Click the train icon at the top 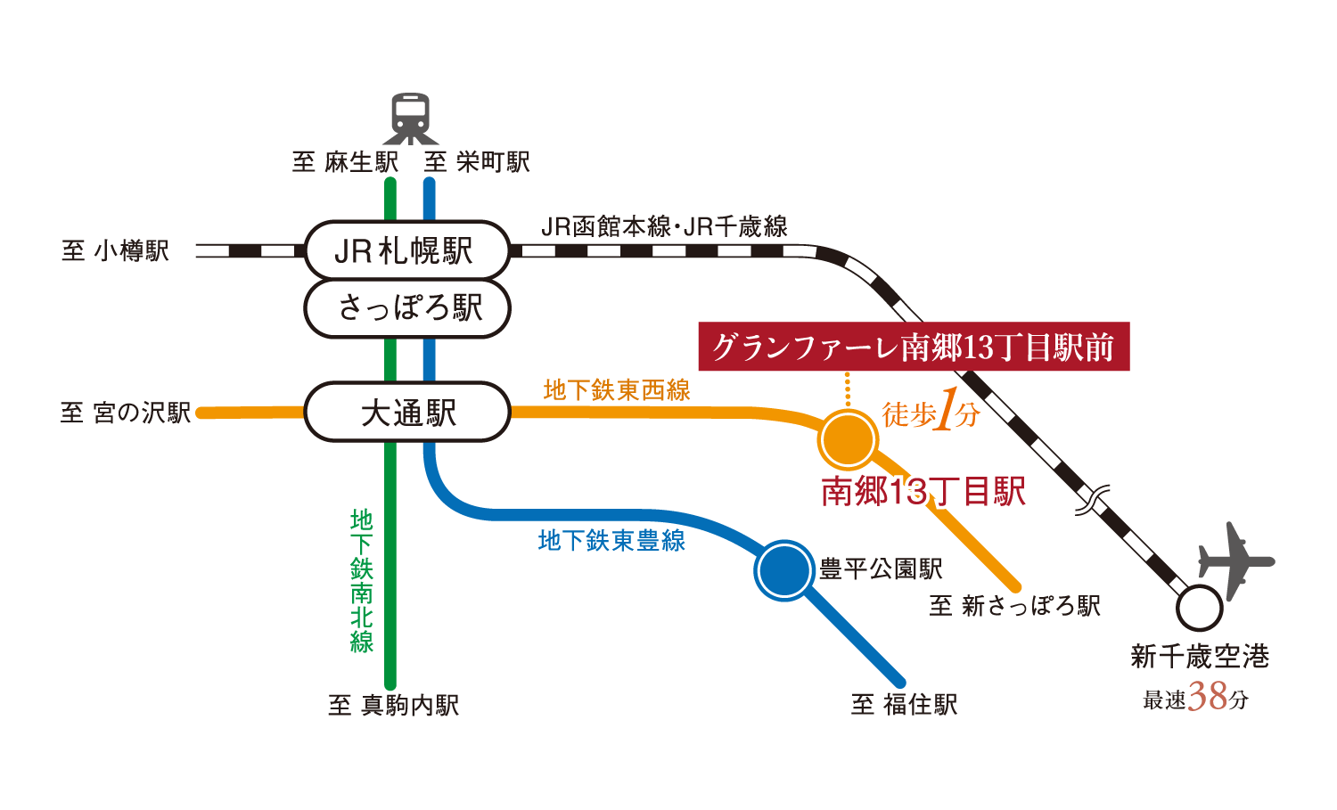[x=411, y=119]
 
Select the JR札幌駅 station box [x=406, y=250]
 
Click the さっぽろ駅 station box [x=406, y=309]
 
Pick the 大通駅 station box [x=406, y=413]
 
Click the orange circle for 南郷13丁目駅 [x=848, y=439]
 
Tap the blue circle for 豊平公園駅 [x=784, y=570]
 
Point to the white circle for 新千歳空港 [x=1199, y=609]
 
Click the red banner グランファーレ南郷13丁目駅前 [x=914, y=347]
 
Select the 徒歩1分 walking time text [x=931, y=413]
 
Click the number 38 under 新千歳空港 [x=1208, y=697]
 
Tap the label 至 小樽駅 [x=115, y=251]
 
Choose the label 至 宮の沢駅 [x=126, y=413]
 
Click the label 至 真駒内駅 [x=393, y=706]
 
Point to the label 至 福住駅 [x=904, y=705]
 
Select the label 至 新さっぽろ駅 [x=1015, y=606]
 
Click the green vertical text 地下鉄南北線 [x=361, y=581]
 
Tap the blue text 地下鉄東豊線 [x=611, y=541]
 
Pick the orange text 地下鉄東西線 [x=617, y=390]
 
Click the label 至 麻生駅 [x=345, y=162]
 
